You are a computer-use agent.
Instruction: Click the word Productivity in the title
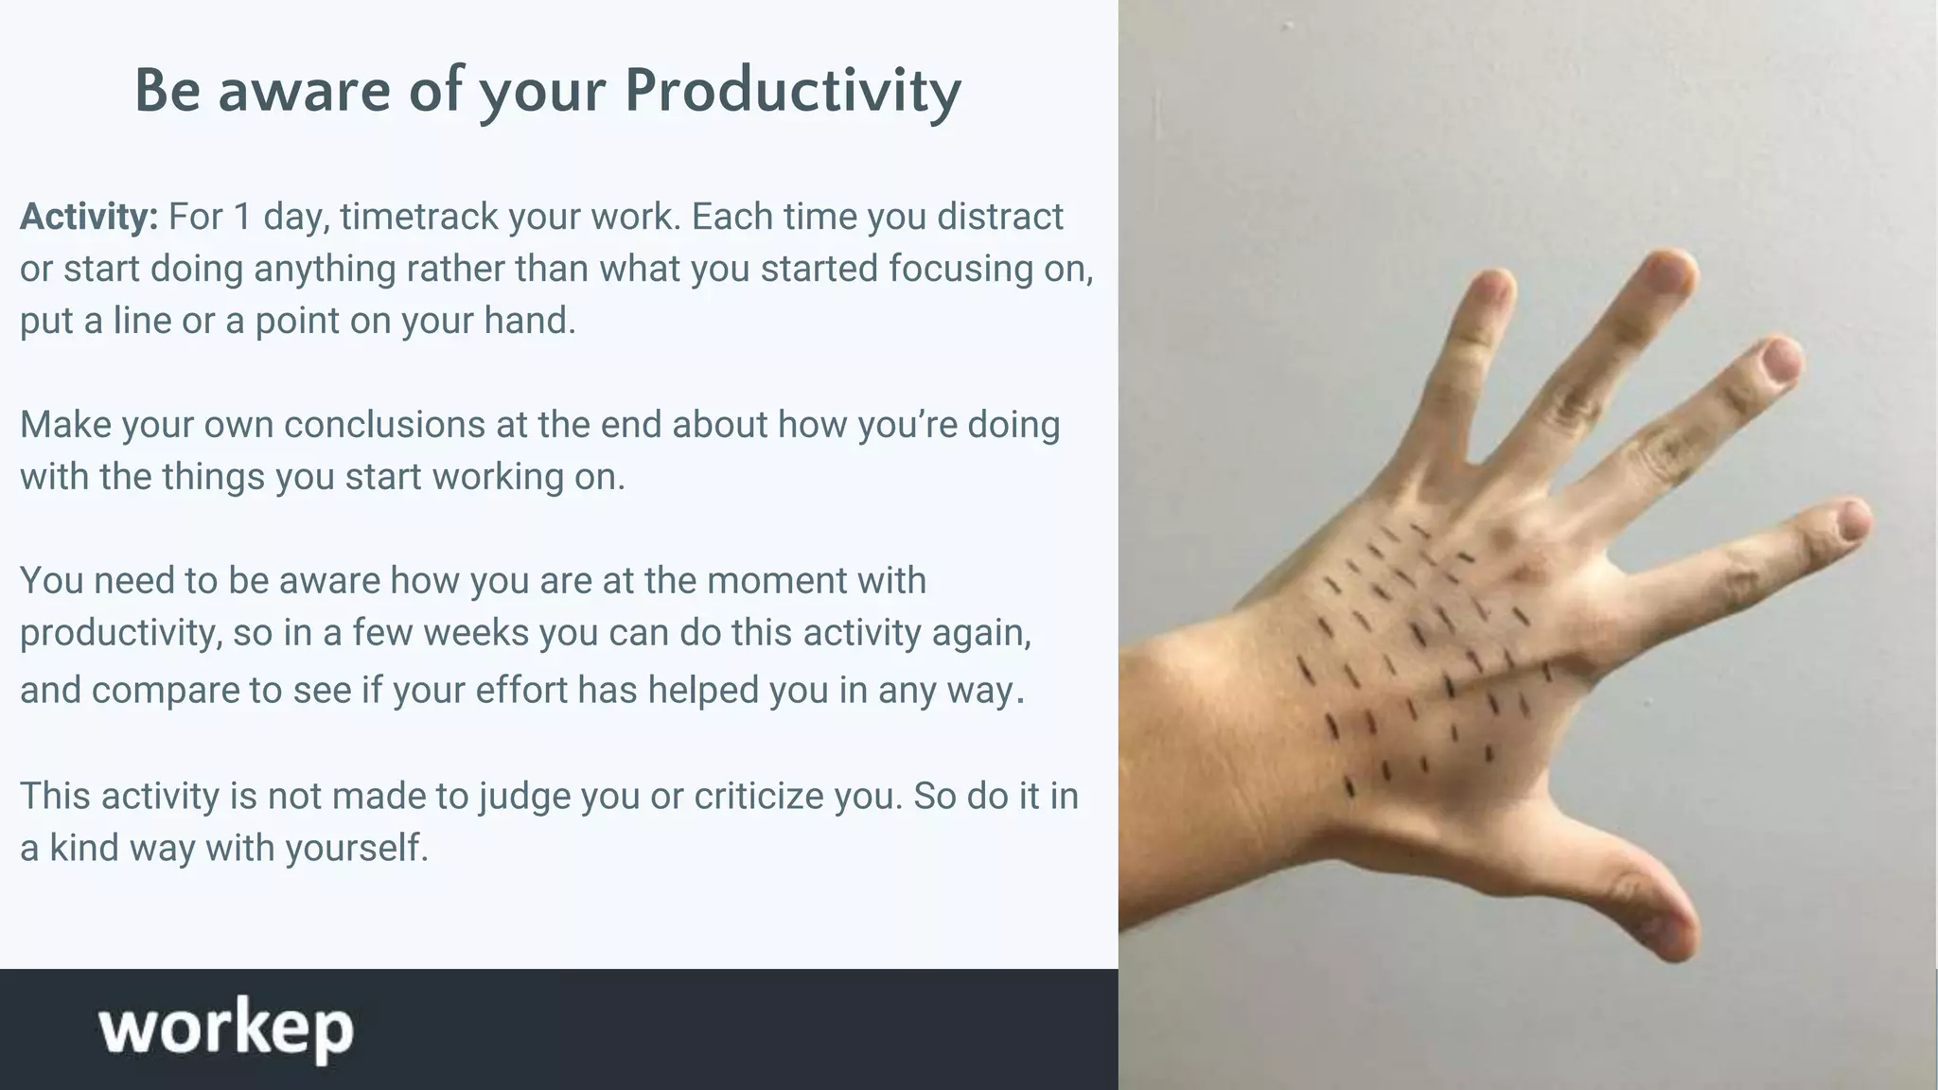tap(792, 91)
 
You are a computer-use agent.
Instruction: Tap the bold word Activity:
tap(89, 217)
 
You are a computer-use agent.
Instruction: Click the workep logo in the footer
tap(225, 1028)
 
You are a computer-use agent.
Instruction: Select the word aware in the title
tap(304, 91)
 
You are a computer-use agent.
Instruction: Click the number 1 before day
tap(242, 217)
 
